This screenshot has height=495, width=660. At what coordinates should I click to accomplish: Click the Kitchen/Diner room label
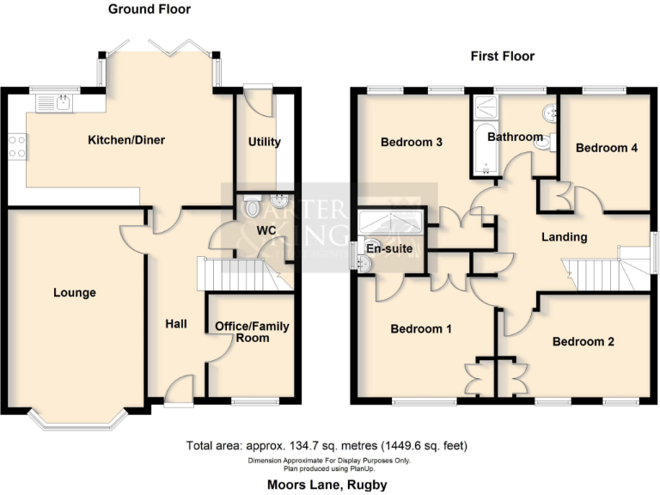click(x=127, y=140)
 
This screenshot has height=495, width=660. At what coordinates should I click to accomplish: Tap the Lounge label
click(x=75, y=293)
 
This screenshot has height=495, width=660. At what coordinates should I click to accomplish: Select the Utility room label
click(x=264, y=142)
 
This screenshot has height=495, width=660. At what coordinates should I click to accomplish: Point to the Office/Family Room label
click(x=252, y=332)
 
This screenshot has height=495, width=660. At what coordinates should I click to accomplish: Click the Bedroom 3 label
click(x=412, y=142)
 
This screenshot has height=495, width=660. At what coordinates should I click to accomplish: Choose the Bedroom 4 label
click(x=607, y=148)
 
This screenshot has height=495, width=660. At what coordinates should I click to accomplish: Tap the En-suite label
click(x=390, y=249)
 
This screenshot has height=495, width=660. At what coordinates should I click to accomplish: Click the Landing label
click(x=564, y=236)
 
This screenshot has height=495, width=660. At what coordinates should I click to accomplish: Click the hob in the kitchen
click(x=16, y=147)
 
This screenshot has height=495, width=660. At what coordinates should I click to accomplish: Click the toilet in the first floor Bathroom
click(x=543, y=144)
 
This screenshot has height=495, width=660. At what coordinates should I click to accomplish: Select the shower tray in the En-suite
click(x=392, y=223)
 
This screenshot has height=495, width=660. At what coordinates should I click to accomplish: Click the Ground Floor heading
click(x=150, y=9)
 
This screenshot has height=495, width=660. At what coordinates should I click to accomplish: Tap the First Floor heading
click(x=502, y=56)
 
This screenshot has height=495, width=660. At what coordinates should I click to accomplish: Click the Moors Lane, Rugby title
click(x=327, y=485)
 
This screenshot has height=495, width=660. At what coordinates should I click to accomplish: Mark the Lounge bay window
click(x=77, y=420)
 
